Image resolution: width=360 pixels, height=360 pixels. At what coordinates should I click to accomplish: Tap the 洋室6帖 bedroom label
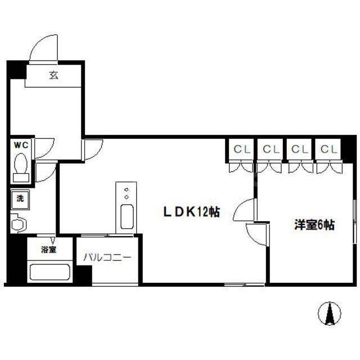pos(314,225)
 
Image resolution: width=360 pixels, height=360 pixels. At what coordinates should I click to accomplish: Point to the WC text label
pos(21,145)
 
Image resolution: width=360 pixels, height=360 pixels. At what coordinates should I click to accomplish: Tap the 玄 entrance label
pos(53,76)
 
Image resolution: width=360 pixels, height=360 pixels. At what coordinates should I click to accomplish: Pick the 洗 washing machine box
pos(20,199)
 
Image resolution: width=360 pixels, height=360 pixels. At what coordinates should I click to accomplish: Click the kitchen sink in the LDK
pos(127,216)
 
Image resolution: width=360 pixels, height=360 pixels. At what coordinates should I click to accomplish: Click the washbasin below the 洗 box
pos(19,223)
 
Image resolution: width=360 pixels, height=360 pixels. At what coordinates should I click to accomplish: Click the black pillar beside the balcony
pos(84,275)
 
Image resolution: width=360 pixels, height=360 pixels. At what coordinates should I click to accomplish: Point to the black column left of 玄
pos(16,70)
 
